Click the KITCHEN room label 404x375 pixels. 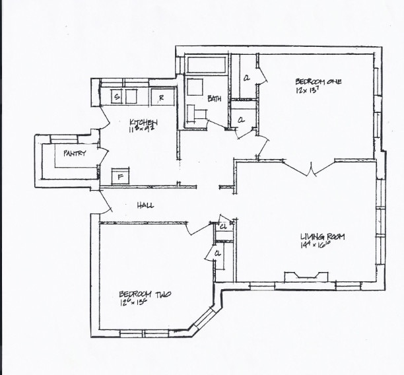pyautogui.click(x=143, y=122)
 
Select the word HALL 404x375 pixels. pyautogui.click(x=145, y=205)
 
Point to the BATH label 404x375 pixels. pyautogui.click(x=214, y=99)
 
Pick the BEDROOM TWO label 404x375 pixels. pyautogui.click(x=145, y=294)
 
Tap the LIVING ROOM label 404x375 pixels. pyautogui.click(x=323, y=237)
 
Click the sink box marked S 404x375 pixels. pyautogui.click(x=117, y=97)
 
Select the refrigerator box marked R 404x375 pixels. pyautogui.click(x=162, y=97)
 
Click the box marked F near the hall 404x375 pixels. pyautogui.click(x=120, y=177)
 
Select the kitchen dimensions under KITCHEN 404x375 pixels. pyautogui.click(x=143, y=130)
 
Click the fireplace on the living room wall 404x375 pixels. pyautogui.click(x=304, y=277)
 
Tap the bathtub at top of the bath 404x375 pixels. pyautogui.click(x=206, y=65)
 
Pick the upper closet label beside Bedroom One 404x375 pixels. pyautogui.click(x=246, y=78)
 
